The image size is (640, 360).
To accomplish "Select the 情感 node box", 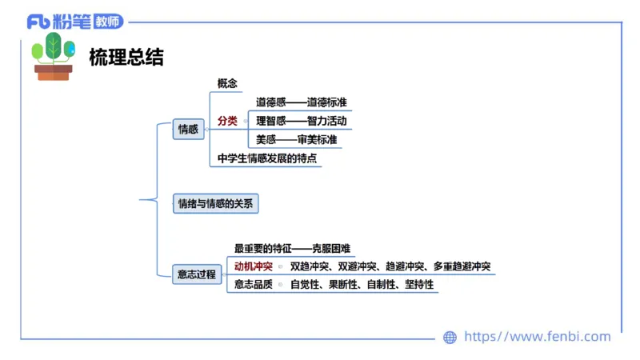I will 189,129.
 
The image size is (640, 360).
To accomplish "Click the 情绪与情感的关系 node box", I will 215,204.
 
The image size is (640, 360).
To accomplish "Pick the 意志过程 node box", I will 197,274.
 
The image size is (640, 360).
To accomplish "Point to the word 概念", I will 228,83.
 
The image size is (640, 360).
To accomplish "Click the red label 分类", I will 227,121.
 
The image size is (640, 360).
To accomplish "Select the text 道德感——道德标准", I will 301,102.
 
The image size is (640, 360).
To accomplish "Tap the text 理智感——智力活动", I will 301,121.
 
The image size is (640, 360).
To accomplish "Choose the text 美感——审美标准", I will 296,139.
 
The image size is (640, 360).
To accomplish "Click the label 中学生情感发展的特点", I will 267,158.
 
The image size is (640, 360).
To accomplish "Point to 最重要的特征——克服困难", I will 292,249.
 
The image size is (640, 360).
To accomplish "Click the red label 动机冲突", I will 253,266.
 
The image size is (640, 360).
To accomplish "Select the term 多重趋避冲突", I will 462,266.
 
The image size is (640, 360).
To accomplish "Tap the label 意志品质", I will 253,284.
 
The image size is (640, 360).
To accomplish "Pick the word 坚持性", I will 419,284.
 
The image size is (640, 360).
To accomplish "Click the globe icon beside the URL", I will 450,338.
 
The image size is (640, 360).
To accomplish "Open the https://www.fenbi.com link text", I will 537,337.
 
